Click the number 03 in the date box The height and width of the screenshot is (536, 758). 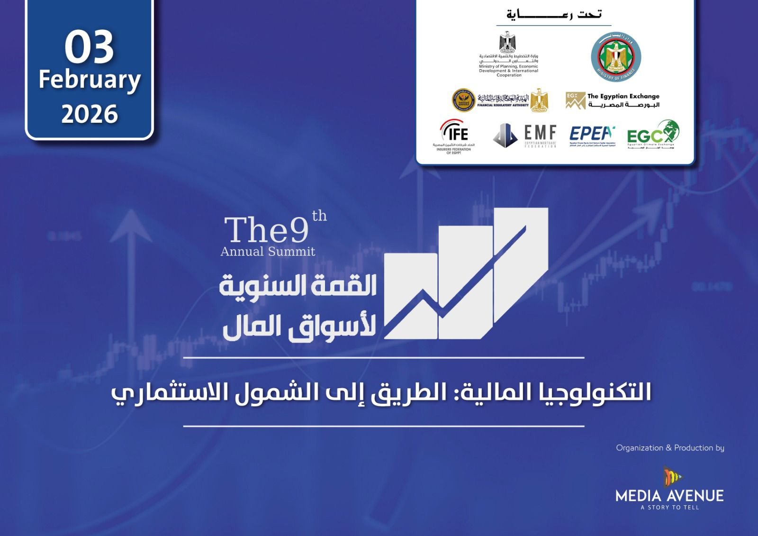coord(89,47)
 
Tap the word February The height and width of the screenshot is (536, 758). coord(90,80)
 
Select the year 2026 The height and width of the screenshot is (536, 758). coord(90,114)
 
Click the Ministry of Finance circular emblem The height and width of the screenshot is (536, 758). coord(616,57)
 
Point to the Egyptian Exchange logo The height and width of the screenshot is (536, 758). coord(613,100)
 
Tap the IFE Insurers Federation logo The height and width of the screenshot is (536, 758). coord(454,136)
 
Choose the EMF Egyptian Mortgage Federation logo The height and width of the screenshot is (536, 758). coord(525,136)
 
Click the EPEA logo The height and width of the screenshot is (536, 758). coord(592,136)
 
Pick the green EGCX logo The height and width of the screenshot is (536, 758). coord(653,135)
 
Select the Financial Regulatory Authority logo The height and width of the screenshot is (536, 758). coord(500,100)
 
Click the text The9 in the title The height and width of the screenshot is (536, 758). coord(266,231)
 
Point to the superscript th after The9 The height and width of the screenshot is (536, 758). coord(319,216)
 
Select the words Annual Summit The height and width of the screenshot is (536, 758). coord(268,252)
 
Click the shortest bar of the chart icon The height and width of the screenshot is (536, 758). coord(410,296)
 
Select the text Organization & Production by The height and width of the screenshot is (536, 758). coord(670,448)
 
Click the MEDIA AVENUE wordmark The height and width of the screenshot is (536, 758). coord(669,496)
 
